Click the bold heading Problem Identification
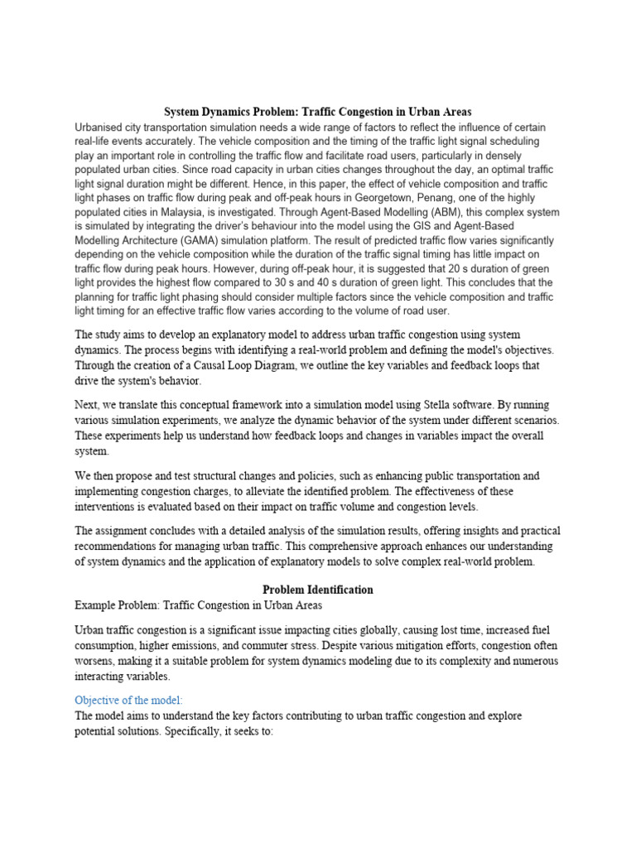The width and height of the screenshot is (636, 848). point(318,590)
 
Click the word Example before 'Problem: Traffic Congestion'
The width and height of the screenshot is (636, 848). point(97,605)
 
